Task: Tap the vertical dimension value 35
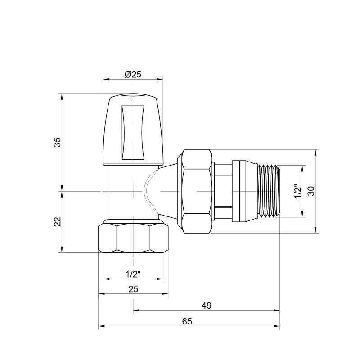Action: tap(57, 142)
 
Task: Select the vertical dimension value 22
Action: tap(57, 222)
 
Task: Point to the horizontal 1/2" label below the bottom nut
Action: tap(133, 274)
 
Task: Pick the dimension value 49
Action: tap(207, 306)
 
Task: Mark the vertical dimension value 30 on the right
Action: tap(310, 191)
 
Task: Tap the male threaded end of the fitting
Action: tap(268, 191)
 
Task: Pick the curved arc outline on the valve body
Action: tap(147, 191)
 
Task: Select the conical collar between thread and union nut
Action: tap(243, 191)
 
